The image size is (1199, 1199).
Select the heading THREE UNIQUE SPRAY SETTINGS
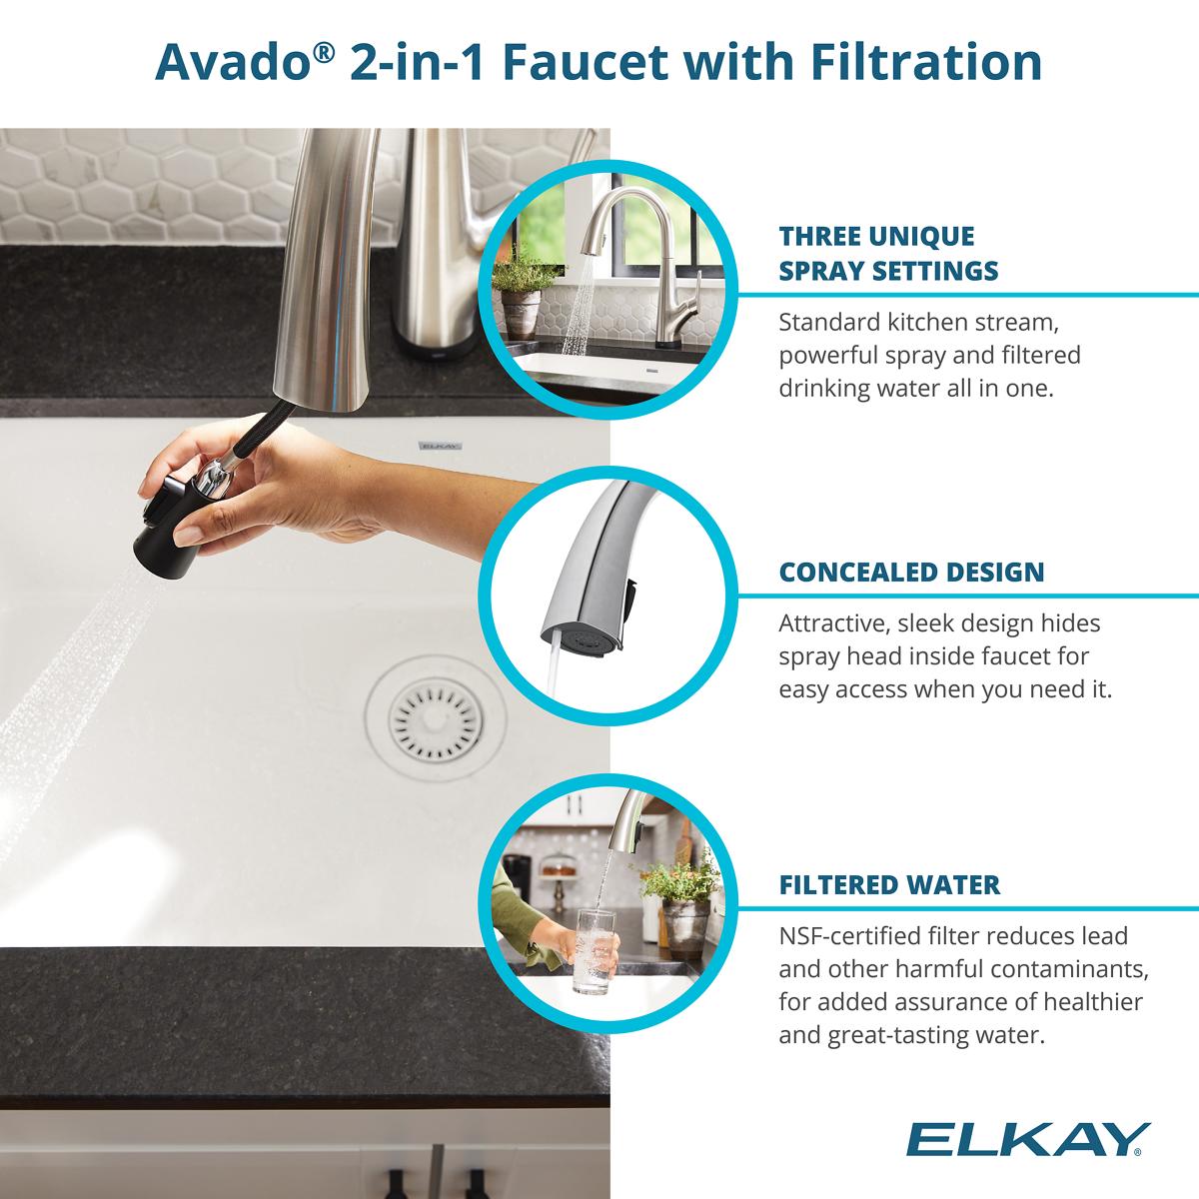[888, 253]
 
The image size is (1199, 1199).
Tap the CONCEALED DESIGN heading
[911, 573]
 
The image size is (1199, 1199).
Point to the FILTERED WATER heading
[888, 884]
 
